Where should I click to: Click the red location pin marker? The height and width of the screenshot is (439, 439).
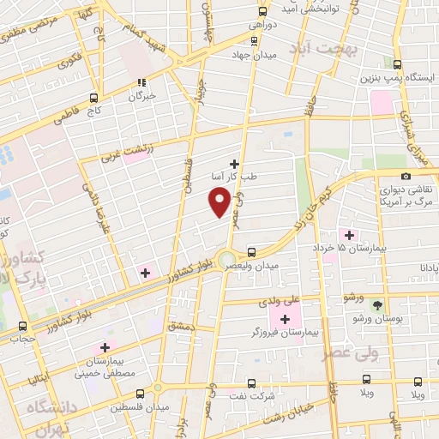coord(219,201)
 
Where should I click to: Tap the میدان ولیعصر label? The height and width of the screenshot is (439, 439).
coord(251,267)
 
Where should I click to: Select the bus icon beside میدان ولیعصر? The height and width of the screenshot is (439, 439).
coord(251,252)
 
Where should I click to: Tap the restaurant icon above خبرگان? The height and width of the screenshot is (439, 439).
coord(141,84)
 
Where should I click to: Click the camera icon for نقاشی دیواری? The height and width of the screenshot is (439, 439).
coord(406,175)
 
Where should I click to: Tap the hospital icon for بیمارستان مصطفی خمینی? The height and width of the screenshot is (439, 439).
coord(105,348)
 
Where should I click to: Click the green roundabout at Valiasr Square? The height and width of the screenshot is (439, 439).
coord(226,259)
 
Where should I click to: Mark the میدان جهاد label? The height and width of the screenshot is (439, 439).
coord(250,56)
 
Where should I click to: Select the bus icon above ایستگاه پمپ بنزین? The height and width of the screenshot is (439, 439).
coord(397,63)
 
